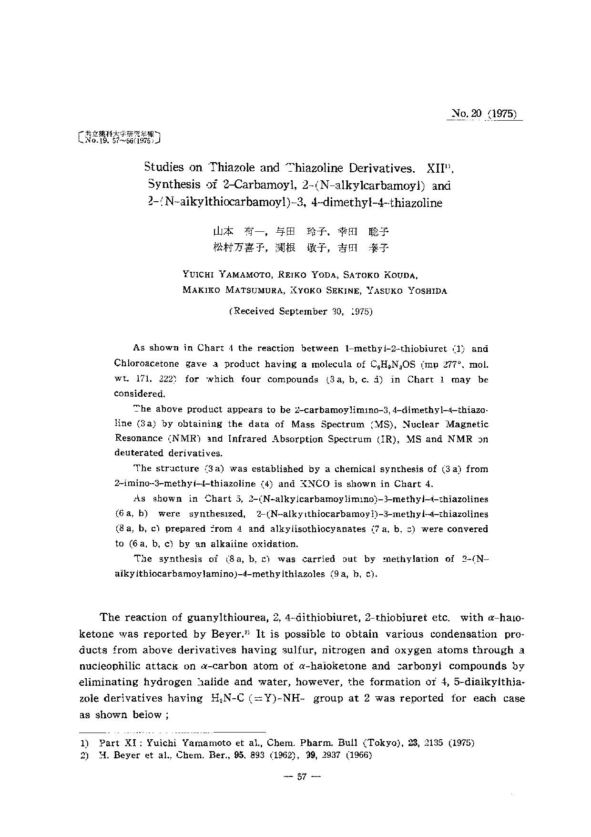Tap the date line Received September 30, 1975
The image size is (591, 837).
(x=301, y=311)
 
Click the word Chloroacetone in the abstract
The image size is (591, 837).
(x=147, y=364)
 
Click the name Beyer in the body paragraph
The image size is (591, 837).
(x=240, y=634)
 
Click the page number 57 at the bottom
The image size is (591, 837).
(x=301, y=777)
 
